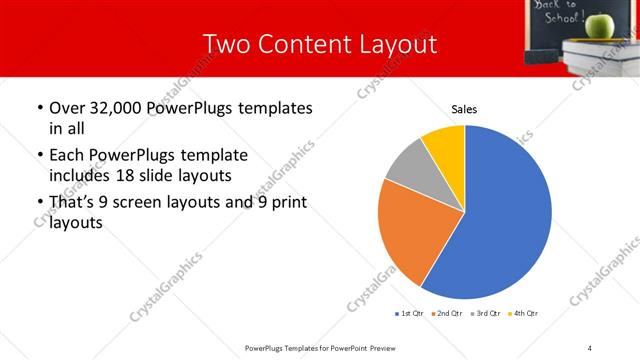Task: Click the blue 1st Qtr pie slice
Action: coord(505,220)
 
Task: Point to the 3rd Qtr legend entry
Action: coord(486,314)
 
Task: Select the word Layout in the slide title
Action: coord(399,44)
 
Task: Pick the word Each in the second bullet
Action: coord(67,155)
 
